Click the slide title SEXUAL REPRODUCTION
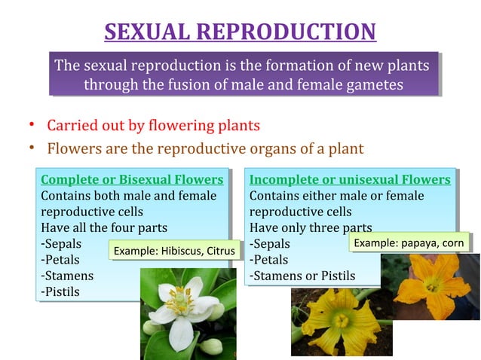click(x=240, y=32)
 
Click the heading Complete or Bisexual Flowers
click(x=132, y=179)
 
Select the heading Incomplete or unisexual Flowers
click(x=350, y=179)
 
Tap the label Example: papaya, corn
click(x=409, y=243)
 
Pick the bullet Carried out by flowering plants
click(x=153, y=125)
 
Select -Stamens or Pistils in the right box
click(x=302, y=276)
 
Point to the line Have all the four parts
click(x=103, y=227)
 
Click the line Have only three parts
click(x=311, y=227)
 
